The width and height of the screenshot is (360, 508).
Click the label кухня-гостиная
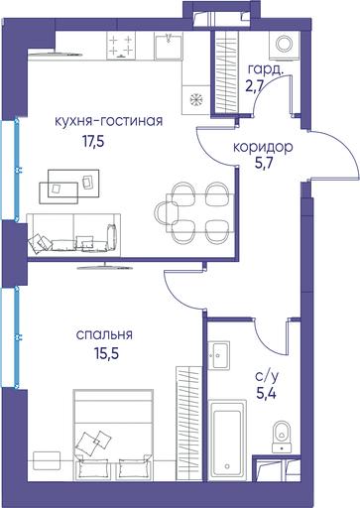[108, 121]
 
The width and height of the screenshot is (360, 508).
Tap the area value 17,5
[93, 142]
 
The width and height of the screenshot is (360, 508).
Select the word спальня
[104, 334]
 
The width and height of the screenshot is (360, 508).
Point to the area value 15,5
[106, 354]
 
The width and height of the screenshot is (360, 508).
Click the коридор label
[263, 147]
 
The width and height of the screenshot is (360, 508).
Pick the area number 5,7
[263, 163]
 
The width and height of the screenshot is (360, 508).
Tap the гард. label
[266, 69]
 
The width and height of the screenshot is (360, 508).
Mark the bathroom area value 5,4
[266, 393]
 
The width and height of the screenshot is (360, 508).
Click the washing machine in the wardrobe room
[285, 46]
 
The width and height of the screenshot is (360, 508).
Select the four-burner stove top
[121, 46]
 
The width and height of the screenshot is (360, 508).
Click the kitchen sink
[169, 46]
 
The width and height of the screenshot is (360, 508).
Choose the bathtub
[227, 441]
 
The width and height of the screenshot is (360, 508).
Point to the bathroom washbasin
[219, 355]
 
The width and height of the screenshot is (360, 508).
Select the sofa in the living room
[73, 235]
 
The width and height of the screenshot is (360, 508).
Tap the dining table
[200, 213]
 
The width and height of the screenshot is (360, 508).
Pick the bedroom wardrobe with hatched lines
[189, 423]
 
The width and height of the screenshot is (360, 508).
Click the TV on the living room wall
[105, 266]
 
